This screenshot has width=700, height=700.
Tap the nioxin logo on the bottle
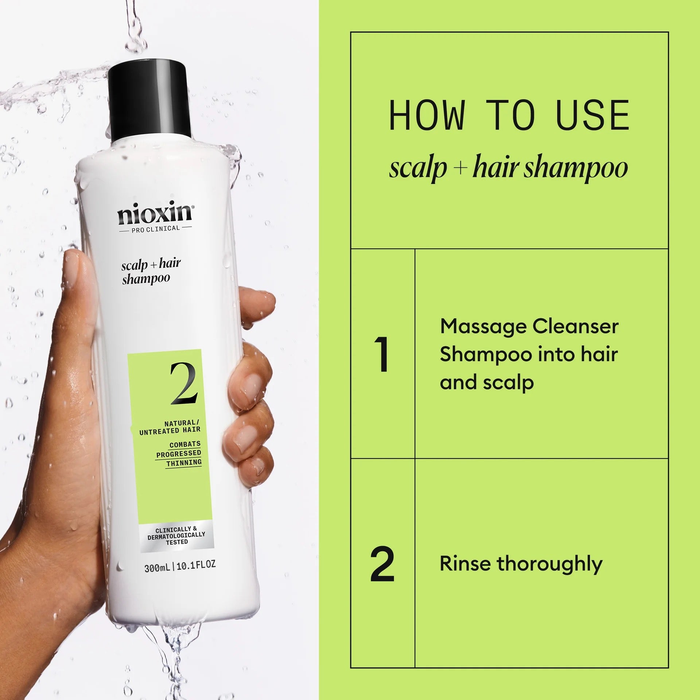coord(155,215)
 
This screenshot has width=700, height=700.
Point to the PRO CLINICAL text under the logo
coord(156,229)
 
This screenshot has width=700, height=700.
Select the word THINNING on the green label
coord(184,463)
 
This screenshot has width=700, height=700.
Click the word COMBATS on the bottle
coord(185,444)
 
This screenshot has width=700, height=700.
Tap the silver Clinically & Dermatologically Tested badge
coord(176,536)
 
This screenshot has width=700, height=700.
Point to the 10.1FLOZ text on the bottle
coord(196,565)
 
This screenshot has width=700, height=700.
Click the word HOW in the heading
coord(427,116)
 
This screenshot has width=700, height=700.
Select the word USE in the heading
coord(592,116)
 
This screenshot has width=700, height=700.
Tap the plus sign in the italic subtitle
coord(460,168)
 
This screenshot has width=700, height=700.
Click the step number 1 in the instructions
coord(382,354)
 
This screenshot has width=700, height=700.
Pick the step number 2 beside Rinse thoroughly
coord(382,564)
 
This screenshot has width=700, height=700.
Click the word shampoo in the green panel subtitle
coord(576,169)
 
